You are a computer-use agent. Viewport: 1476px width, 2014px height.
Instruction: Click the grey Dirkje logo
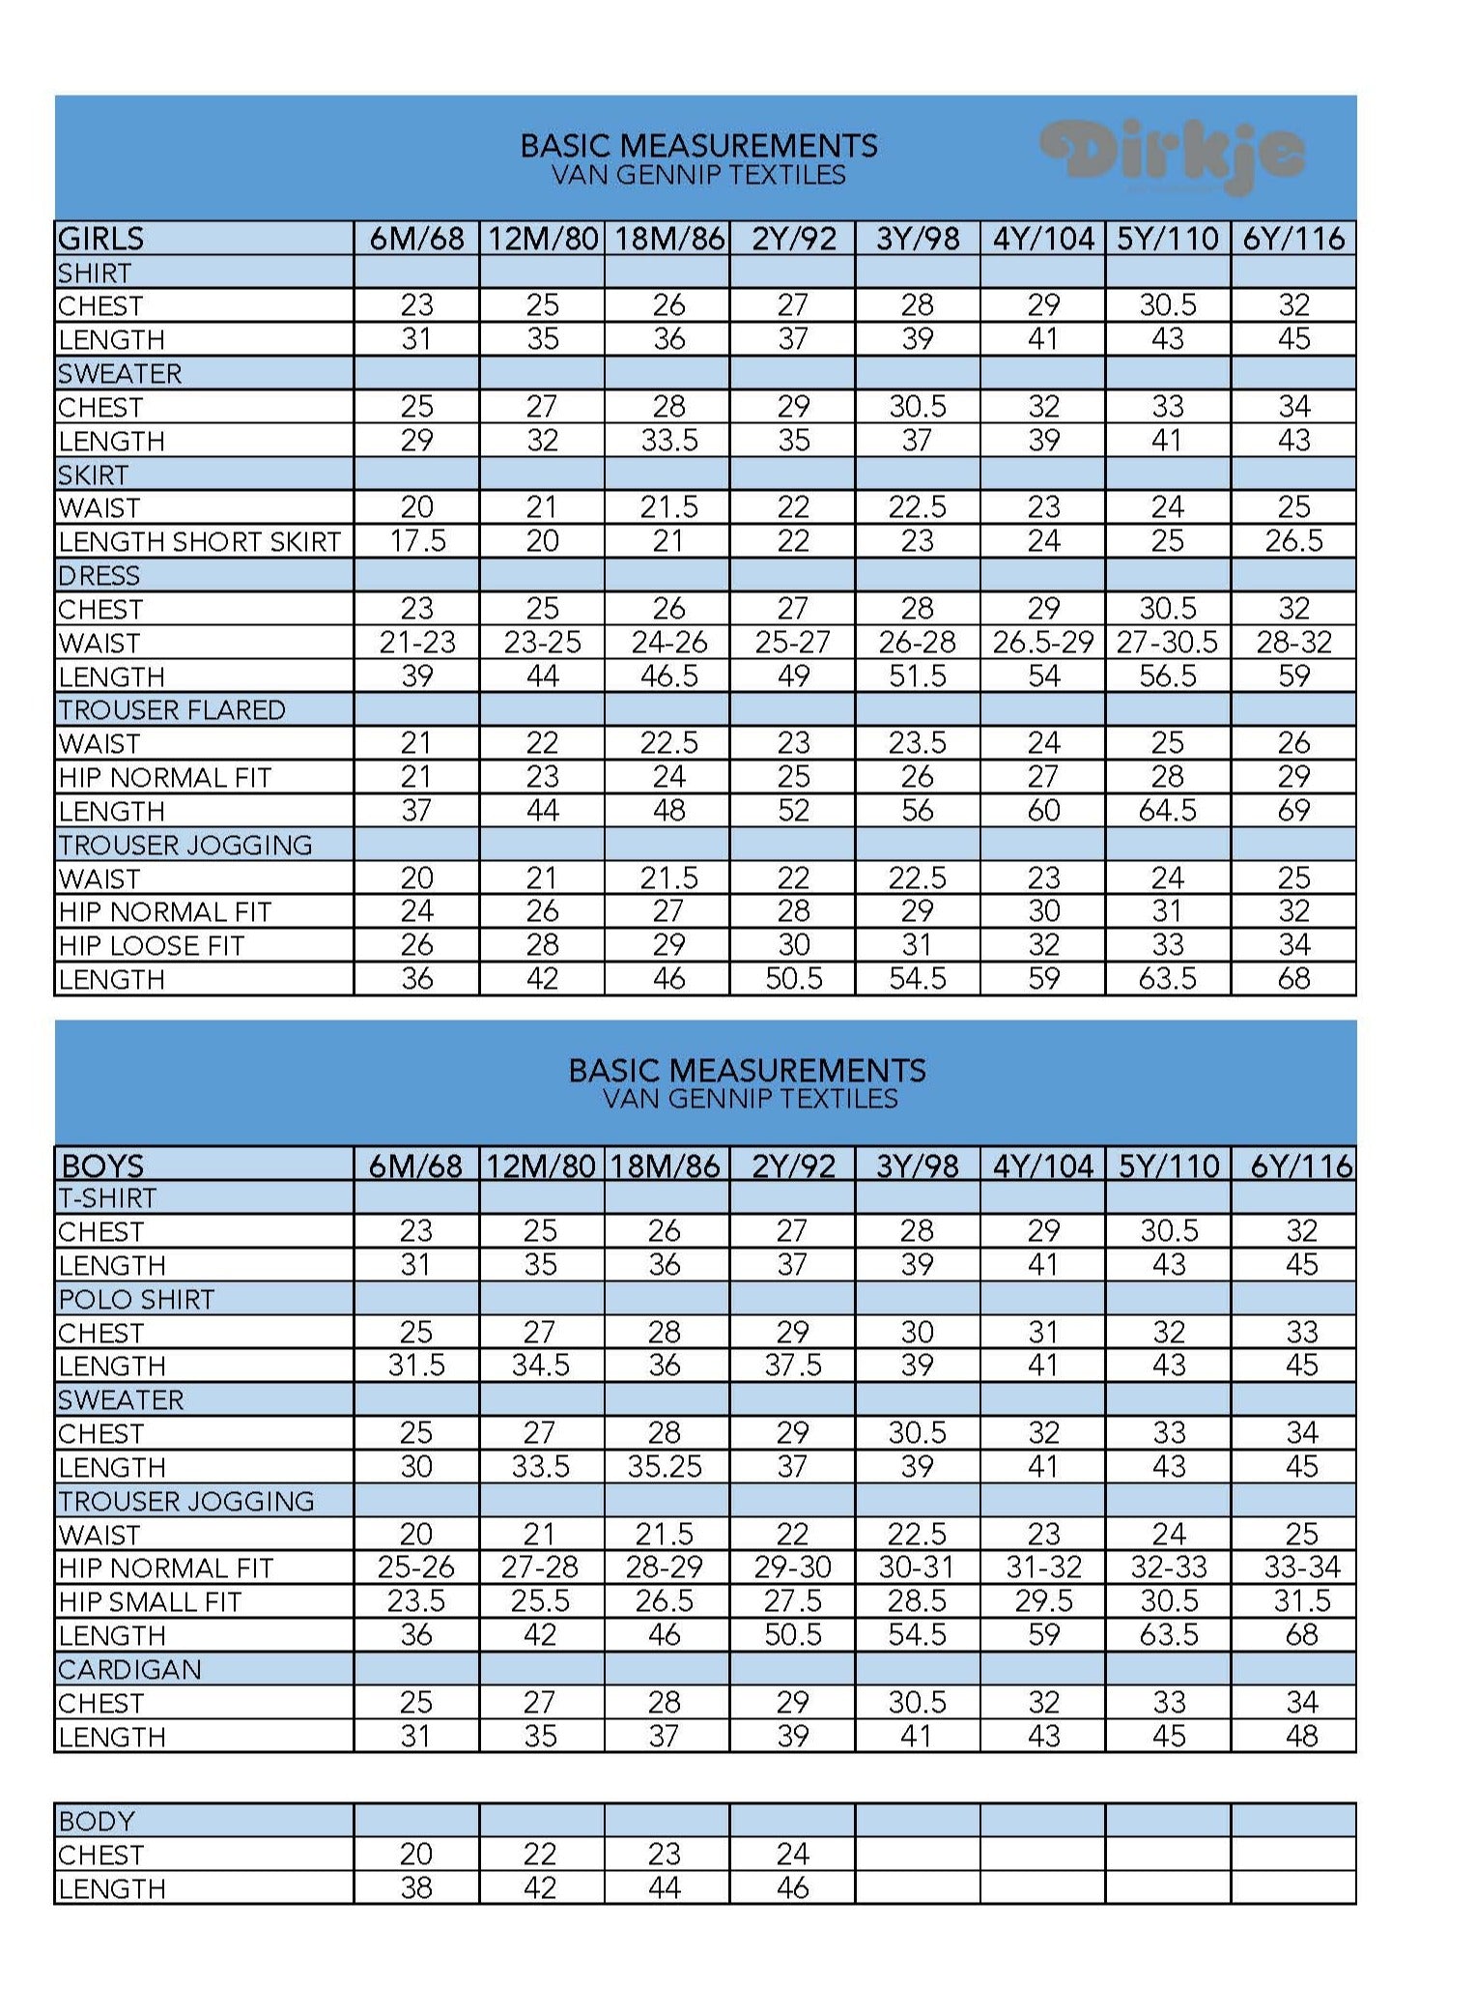pyautogui.click(x=1173, y=155)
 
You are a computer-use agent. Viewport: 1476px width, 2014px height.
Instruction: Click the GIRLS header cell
pyautogui.click(x=101, y=239)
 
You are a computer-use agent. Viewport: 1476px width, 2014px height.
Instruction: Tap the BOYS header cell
pyautogui.click(x=101, y=1165)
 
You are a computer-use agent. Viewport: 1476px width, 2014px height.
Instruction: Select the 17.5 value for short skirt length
pyautogui.click(x=417, y=541)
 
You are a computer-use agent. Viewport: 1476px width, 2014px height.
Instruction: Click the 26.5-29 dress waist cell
pyautogui.click(x=1043, y=643)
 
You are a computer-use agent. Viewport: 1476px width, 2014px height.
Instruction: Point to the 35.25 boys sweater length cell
pyautogui.click(x=666, y=1467)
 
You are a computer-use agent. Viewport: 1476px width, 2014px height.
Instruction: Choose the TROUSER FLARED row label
pyautogui.click(x=172, y=710)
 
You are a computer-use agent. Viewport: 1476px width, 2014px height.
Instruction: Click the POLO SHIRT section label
pyautogui.click(x=136, y=1300)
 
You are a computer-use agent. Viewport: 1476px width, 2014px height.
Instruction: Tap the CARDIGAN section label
pyautogui.click(x=129, y=1670)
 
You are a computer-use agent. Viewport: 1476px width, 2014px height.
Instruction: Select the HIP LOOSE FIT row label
pyautogui.click(x=152, y=946)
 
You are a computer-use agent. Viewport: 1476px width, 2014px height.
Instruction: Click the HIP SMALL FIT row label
pyautogui.click(x=150, y=1602)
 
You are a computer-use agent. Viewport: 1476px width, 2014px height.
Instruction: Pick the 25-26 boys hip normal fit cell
pyautogui.click(x=416, y=1568)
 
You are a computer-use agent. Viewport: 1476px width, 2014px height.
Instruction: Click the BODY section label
pyautogui.click(x=97, y=1822)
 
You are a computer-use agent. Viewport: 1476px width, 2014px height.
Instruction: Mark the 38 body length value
pyautogui.click(x=416, y=1888)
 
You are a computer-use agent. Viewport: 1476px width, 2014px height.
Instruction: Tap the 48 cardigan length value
pyautogui.click(x=1301, y=1737)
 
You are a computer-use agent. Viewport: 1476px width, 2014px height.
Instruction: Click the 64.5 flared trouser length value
pyautogui.click(x=1168, y=811)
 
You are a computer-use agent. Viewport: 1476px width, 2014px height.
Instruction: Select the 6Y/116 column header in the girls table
pyautogui.click(x=1293, y=239)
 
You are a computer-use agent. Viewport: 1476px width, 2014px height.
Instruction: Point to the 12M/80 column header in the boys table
pyautogui.click(x=541, y=1165)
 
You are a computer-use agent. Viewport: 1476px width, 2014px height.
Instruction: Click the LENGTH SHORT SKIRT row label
pyautogui.click(x=200, y=542)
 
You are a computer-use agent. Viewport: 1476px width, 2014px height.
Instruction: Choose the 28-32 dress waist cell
pyautogui.click(x=1293, y=643)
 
